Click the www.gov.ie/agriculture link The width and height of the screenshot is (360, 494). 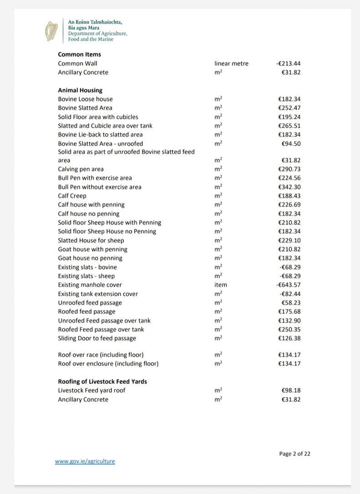coord(85,461)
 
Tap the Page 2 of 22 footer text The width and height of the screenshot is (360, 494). coord(295,453)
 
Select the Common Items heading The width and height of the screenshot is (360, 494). coord(79,54)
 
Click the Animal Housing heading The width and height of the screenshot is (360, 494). coord(80,90)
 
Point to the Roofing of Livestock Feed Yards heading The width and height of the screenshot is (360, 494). coord(102,381)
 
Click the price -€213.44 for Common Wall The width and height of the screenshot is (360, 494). coord(288,63)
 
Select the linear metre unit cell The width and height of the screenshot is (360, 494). coord(231,63)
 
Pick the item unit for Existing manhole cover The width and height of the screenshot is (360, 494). coord(221,285)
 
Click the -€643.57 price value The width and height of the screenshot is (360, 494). coord(288,285)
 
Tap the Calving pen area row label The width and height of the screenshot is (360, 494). coord(81,169)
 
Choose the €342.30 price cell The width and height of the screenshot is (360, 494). coord(289,187)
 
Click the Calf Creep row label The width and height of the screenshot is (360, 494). coord(72,196)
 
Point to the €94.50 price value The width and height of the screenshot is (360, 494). coord(291,144)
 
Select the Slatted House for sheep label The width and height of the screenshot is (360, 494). coord(91,240)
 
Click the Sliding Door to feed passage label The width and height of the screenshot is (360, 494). coord(97,338)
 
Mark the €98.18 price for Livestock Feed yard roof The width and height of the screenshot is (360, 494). coord(291,391)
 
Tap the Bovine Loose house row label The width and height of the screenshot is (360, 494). coord(85,99)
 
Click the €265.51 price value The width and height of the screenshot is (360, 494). coord(289,126)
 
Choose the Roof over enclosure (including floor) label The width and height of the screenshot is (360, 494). coord(108,364)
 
